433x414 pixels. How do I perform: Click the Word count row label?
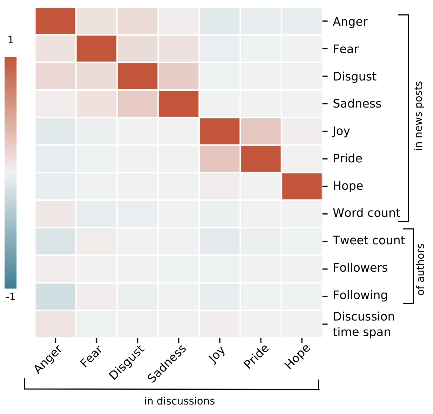pos(366,213)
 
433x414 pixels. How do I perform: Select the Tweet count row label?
pos(368,240)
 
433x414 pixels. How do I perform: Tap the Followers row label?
pos(360,268)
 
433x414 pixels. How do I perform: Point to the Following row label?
pos(360,295)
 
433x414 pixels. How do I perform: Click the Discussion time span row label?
pos(364,324)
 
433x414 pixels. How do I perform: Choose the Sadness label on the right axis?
pos(357,104)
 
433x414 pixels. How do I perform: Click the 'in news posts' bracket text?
pos(418,116)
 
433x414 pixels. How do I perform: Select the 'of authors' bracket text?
pos(420,270)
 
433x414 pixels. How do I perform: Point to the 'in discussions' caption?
pos(179,401)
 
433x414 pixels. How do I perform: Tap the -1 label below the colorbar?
pos(11,297)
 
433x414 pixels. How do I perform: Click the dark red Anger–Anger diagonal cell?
pos(55,21)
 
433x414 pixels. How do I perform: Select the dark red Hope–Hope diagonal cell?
pos(302,186)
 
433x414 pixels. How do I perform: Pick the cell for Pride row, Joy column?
pos(220,159)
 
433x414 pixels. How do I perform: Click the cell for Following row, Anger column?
pos(55,296)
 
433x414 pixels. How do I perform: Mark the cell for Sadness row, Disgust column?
pos(138,104)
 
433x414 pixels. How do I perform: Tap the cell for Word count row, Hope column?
pos(302,213)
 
